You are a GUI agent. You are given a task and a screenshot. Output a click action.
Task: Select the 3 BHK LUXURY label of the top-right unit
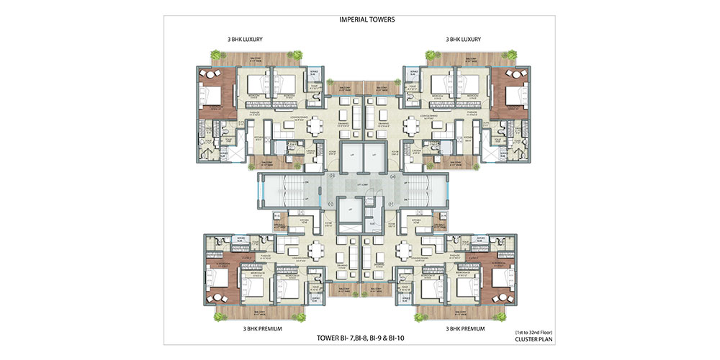click(464, 39)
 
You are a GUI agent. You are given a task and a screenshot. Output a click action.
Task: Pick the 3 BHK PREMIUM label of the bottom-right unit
click(465, 328)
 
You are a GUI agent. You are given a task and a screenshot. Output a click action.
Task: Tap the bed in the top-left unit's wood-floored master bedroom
click(216, 94)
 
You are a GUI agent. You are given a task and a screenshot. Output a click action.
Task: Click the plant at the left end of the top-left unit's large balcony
click(215, 55)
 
